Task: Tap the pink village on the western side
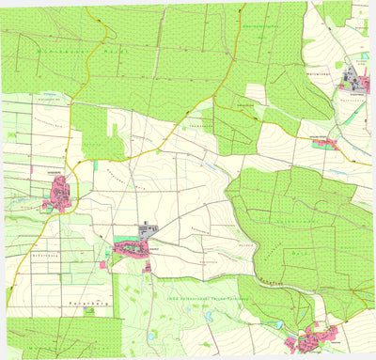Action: [x=59, y=196]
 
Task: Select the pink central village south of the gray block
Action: [x=133, y=247]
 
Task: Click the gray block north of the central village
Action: [x=149, y=228]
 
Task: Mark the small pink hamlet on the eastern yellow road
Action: [x=324, y=143]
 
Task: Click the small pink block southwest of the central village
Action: [x=102, y=265]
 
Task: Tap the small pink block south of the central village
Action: [x=147, y=269]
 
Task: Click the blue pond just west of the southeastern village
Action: [x=278, y=324]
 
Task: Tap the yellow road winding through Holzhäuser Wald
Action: [x=89, y=66]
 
